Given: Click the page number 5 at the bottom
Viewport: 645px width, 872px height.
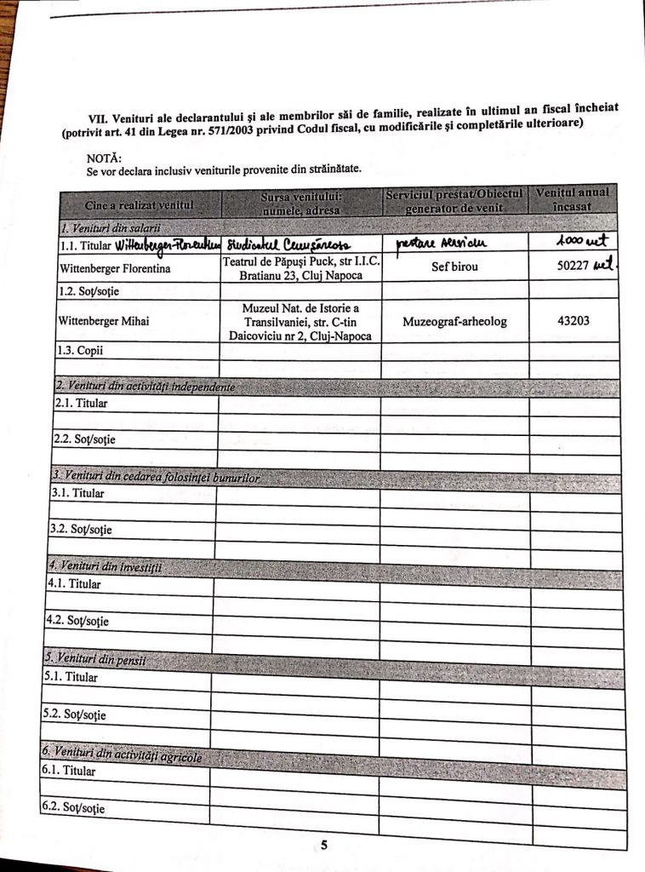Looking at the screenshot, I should pos(324,845).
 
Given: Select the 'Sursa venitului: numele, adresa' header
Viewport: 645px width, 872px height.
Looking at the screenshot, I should pos(301,203).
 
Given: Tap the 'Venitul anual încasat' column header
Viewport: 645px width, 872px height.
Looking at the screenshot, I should pos(572,199).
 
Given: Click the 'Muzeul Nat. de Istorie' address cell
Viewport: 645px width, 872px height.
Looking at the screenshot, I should pos(300,320).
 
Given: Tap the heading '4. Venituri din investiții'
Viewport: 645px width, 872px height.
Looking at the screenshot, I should pos(104,565).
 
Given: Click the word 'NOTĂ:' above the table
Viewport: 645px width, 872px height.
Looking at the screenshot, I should pos(104,158).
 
